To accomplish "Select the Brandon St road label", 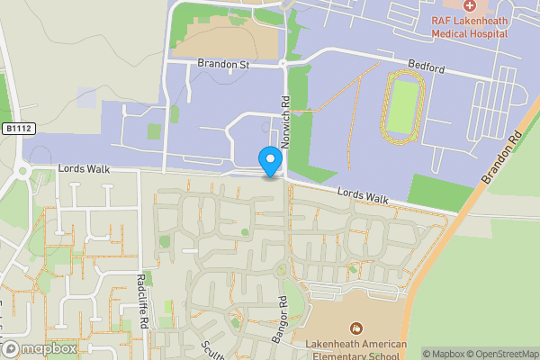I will [223, 65].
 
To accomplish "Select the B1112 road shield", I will [14, 129].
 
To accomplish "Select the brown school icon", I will [357, 328].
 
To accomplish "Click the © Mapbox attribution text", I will [441, 353].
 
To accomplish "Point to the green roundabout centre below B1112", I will [21, 170].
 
